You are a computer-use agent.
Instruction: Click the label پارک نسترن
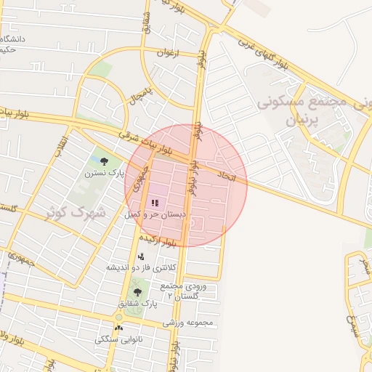click(104, 174)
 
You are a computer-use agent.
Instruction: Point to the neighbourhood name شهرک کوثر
click(76, 213)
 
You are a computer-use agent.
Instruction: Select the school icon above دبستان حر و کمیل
click(155, 203)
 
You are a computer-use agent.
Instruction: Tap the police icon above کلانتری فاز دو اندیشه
click(141, 256)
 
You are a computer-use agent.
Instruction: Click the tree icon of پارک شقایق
click(137, 292)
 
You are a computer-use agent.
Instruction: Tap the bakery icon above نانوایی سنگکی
click(119, 328)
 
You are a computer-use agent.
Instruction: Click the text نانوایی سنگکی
click(119, 339)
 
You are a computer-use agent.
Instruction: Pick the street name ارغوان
click(167, 53)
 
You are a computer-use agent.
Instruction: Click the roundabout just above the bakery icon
click(119, 317)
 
